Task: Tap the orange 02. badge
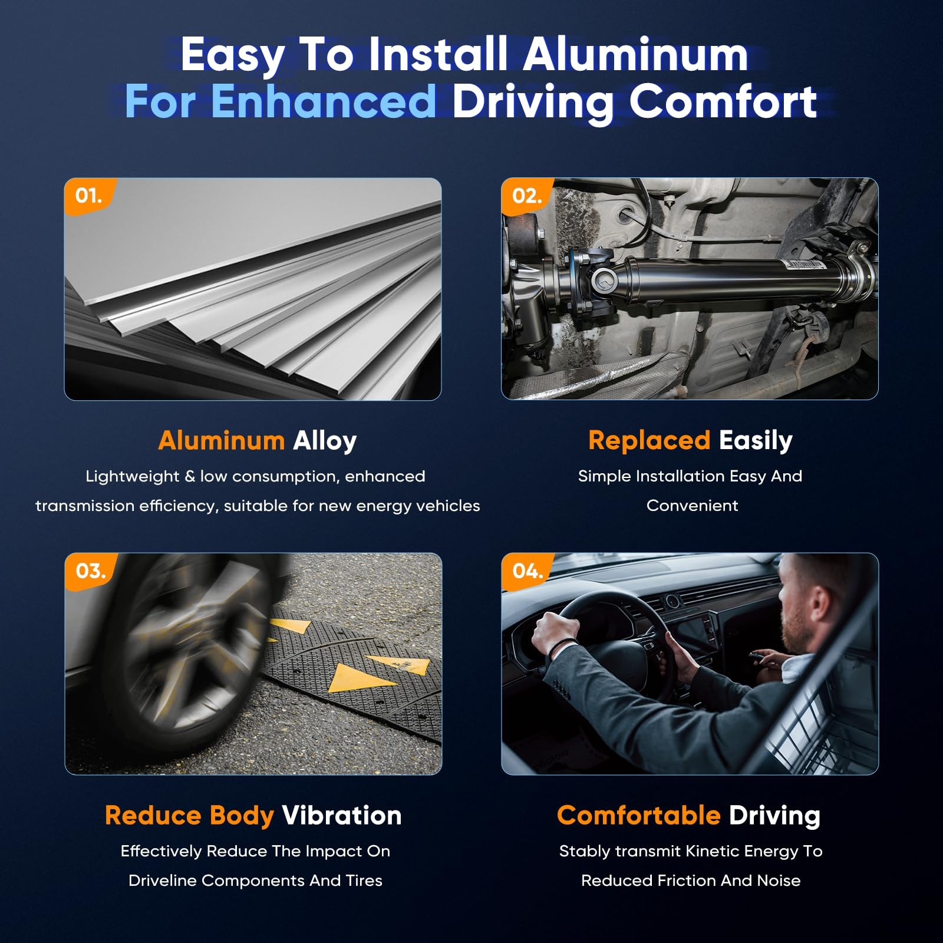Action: point(526,196)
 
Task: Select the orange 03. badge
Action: point(90,571)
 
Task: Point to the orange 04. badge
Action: point(527,571)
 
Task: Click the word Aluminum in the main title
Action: point(635,55)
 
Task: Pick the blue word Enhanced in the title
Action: point(324,101)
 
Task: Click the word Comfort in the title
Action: point(723,101)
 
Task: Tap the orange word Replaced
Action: point(649,441)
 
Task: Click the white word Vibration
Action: point(342,816)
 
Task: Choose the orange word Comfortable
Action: point(639,816)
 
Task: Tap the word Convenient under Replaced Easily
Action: point(693,506)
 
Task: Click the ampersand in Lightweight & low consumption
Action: point(190,476)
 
